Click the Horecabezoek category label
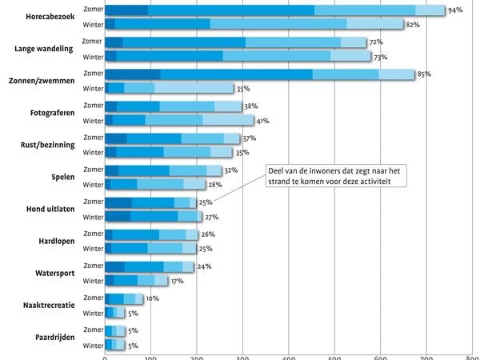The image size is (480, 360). (50, 17)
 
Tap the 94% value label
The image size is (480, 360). (455, 10)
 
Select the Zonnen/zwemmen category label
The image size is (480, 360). (42, 81)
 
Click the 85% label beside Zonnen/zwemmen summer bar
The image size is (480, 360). (424, 74)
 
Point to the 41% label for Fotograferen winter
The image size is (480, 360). (262, 121)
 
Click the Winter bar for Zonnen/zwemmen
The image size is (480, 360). (170, 88)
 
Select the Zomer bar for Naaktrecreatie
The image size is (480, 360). (124, 298)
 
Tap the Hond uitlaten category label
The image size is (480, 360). (50, 209)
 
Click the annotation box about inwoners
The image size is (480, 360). (336, 176)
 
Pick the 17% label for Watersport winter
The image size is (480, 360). (177, 281)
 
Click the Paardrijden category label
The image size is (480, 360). (55, 338)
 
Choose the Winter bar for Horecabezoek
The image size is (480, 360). (254, 24)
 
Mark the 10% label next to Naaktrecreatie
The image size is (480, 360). (153, 298)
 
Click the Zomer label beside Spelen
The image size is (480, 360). (94, 170)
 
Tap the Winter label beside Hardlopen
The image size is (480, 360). (94, 249)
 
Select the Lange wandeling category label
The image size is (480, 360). (44, 49)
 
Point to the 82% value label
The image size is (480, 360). (413, 25)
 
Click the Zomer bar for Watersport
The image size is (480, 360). (150, 267)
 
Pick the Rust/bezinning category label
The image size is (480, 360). (48, 145)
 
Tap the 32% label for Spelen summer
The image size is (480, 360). (231, 170)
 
